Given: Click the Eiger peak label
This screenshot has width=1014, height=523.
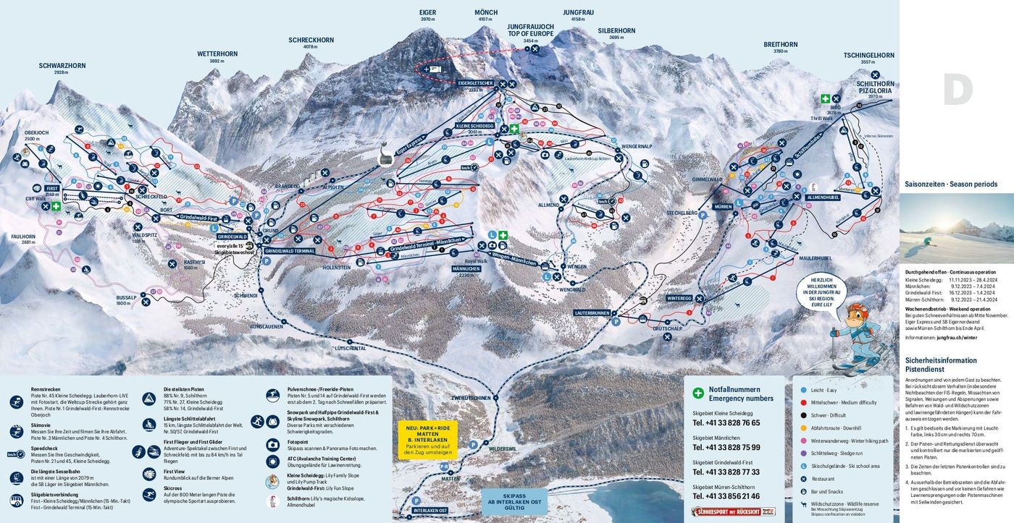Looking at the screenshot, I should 427,12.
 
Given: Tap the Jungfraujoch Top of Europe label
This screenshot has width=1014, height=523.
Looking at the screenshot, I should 530,30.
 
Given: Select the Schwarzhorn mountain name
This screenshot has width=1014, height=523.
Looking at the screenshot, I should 62,66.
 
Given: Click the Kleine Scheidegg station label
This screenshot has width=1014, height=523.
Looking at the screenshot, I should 474,125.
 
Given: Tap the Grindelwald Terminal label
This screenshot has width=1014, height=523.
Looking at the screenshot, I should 290,250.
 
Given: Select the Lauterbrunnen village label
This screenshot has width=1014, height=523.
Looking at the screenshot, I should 589,312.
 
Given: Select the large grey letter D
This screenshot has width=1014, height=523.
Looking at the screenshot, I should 957,90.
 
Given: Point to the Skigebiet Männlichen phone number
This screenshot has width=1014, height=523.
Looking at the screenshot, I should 726,447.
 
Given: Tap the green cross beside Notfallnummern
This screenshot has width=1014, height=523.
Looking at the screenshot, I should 698,394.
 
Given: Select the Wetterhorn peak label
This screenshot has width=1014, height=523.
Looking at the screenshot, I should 217,54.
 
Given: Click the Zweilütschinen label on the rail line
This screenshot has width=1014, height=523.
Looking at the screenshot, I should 471,398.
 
